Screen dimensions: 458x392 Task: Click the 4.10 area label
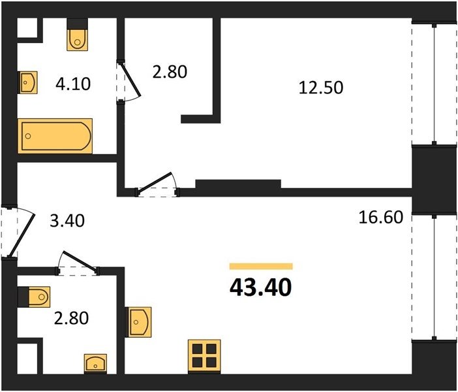click(x=73, y=84)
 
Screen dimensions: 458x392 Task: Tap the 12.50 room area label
click(x=321, y=88)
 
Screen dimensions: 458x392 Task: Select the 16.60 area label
click(x=381, y=218)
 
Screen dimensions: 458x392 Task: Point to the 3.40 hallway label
click(x=67, y=221)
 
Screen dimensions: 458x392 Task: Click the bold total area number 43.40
click(x=261, y=287)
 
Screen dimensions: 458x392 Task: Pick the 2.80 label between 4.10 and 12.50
click(x=170, y=72)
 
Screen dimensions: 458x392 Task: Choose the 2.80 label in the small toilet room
click(x=71, y=318)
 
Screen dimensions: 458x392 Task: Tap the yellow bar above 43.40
click(x=261, y=266)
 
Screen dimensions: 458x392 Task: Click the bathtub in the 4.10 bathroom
click(x=55, y=136)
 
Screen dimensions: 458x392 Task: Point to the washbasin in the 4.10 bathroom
click(x=27, y=82)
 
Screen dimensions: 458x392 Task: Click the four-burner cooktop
click(x=204, y=357)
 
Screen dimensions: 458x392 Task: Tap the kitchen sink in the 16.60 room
click(x=138, y=322)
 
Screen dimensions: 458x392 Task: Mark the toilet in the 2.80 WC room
click(x=33, y=297)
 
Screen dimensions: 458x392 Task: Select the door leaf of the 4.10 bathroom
click(x=130, y=79)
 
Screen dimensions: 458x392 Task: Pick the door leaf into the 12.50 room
click(x=154, y=182)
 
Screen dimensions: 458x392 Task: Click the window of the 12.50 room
click(x=435, y=84)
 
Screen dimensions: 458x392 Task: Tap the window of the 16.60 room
click(x=435, y=277)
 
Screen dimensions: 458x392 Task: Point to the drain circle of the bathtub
click(x=28, y=136)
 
